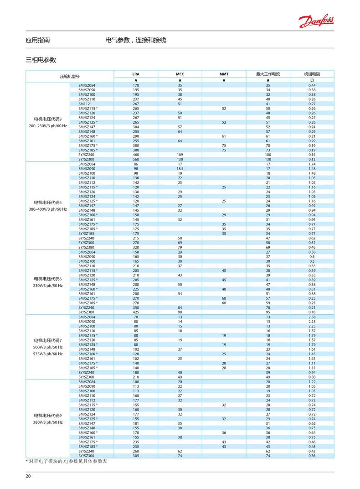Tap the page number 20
tap(28, 476)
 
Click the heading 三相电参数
tap(41, 60)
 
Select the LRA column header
tap(136, 73)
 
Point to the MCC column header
tap(180, 73)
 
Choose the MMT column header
tap(224, 73)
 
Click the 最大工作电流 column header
tap(268, 73)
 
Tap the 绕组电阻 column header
tap(312, 73)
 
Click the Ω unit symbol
tap(312, 80)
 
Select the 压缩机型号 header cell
tap(70, 77)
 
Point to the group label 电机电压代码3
tap(48, 119)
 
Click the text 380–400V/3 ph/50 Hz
tap(48, 209)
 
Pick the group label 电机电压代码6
tap(48, 278)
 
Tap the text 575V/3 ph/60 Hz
tap(48, 354)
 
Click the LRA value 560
tap(136, 159)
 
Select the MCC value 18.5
tap(180, 169)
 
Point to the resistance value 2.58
tap(312, 317)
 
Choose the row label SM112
tap(85, 104)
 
